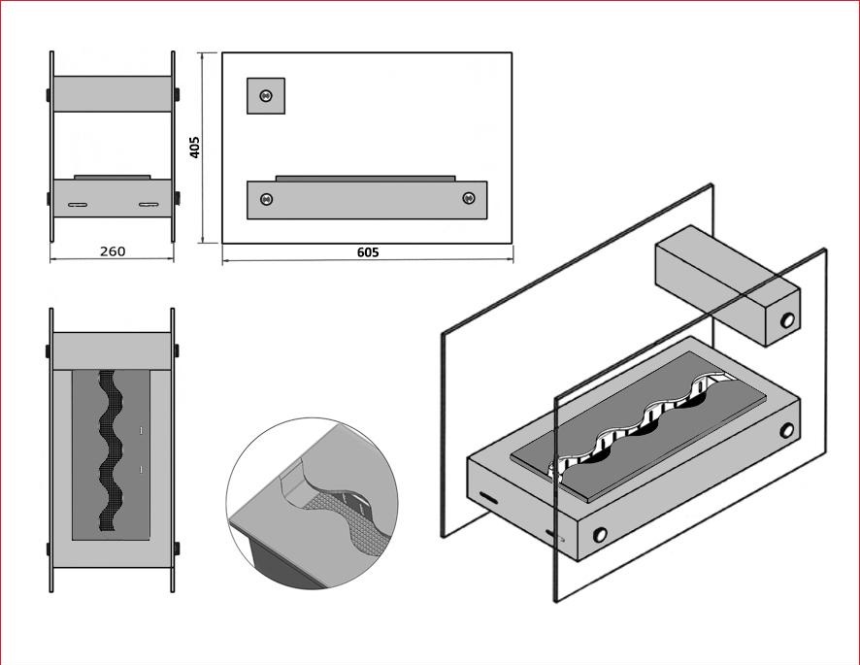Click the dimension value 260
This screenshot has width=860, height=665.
coord(113,251)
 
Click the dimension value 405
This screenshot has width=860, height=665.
coord(195,148)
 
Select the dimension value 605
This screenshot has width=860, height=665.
coord(368,252)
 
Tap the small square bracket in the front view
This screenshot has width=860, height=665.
coord(265,95)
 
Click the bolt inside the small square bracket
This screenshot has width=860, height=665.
coord(266,95)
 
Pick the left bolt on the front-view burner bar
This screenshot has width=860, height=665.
coord(266,199)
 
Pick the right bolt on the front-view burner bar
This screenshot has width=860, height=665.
coord(469,199)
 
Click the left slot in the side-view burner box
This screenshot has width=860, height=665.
coord(78,205)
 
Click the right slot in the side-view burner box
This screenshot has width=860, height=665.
coord(149,205)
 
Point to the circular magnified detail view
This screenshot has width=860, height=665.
coord(314,503)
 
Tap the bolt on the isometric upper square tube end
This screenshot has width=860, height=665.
coord(787,319)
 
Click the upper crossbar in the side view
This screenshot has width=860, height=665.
coord(113,94)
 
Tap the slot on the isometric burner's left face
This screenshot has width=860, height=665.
coord(488,498)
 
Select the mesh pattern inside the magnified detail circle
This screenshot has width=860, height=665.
coord(340,523)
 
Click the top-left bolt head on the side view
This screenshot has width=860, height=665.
coord(49,94)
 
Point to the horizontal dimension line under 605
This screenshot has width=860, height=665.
coord(368,261)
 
